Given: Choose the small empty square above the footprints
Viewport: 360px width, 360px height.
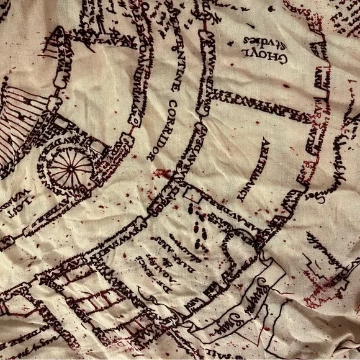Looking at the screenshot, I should [192, 197].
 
